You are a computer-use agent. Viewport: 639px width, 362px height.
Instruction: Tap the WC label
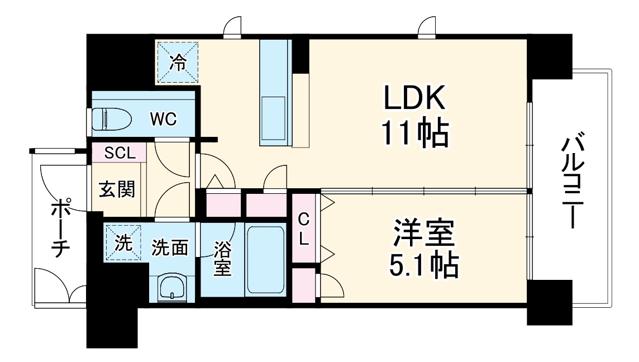tap(163, 118)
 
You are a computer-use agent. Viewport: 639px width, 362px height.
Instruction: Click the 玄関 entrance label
tap(117, 189)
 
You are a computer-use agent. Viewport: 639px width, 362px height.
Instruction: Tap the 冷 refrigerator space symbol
tap(178, 63)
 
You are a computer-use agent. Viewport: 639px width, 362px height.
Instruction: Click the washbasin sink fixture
tap(171, 288)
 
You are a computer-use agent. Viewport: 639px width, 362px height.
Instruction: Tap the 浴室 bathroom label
tap(222, 258)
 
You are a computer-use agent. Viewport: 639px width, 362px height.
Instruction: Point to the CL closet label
tap(303, 228)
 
